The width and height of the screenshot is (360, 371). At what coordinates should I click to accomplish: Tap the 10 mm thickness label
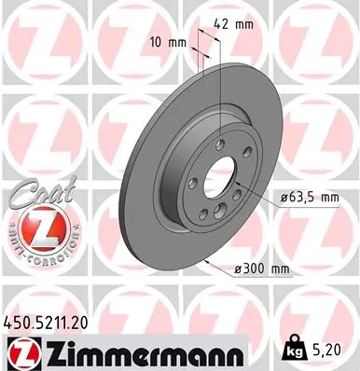point(169,43)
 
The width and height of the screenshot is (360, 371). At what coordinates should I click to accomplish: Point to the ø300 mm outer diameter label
point(261,269)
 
